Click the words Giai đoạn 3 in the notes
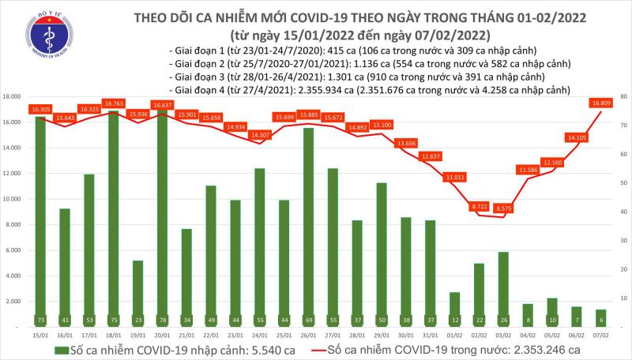coord(197,78)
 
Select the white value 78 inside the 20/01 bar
coord(162,321)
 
